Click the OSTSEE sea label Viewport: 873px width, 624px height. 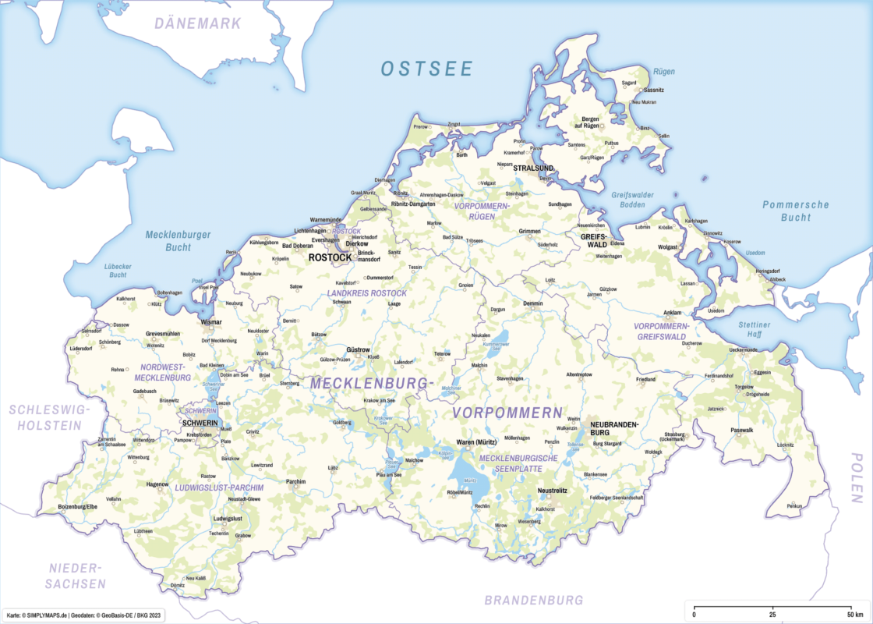(x=426, y=69)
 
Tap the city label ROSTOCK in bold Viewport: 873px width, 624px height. (x=330, y=257)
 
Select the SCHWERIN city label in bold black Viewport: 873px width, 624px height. (x=200, y=422)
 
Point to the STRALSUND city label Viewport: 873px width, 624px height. (x=533, y=168)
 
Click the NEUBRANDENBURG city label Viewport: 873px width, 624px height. (x=613, y=427)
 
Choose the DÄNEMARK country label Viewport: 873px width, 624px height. (x=197, y=23)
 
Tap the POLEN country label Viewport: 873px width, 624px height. (x=857, y=477)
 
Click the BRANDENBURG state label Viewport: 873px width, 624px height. (x=533, y=600)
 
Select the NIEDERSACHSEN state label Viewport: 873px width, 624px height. (x=75, y=575)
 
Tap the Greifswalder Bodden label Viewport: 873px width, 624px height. (x=632, y=200)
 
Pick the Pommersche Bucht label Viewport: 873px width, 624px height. (x=795, y=211)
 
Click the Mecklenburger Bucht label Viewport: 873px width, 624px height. (x=178, y=240)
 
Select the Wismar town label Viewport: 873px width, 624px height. (x=211, y=321)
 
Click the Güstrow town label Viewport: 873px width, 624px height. (x=359, y=349)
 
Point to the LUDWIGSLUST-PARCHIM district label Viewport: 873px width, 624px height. (x=219, y=487)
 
